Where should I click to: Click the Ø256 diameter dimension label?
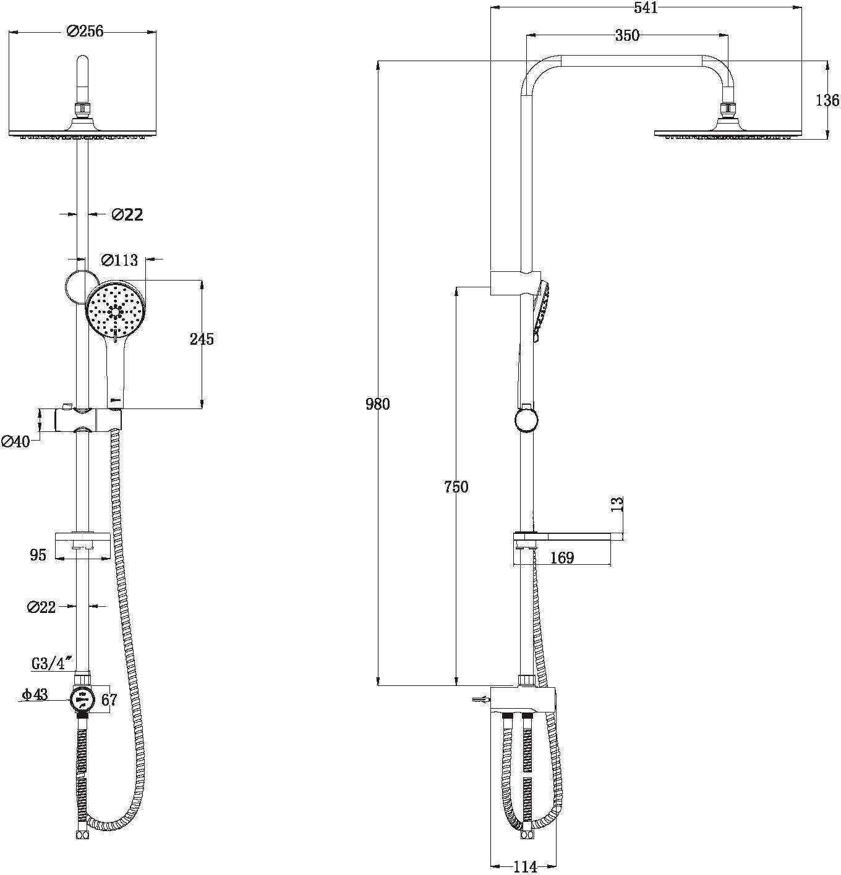(85, 32)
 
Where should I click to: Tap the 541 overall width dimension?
(646, 7)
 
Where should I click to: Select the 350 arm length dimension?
(627, 35)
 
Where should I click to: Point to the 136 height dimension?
(828, 100)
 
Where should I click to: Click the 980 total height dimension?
(378, 404)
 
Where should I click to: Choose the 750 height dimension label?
(456, 486)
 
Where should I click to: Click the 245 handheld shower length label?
(202, 339)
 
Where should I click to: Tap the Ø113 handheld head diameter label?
(119, 260)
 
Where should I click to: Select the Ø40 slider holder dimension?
(15, 442)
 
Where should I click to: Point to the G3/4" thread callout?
(52, 663)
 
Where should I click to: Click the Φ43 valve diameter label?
(35, 694)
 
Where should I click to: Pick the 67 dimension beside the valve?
(109, 700)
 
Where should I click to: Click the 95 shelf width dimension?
(38, 555)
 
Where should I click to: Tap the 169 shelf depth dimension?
(562, 558)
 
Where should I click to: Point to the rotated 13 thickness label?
(617, 503)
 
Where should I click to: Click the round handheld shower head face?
(115, 308)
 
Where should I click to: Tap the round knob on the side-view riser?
(526, 420)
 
